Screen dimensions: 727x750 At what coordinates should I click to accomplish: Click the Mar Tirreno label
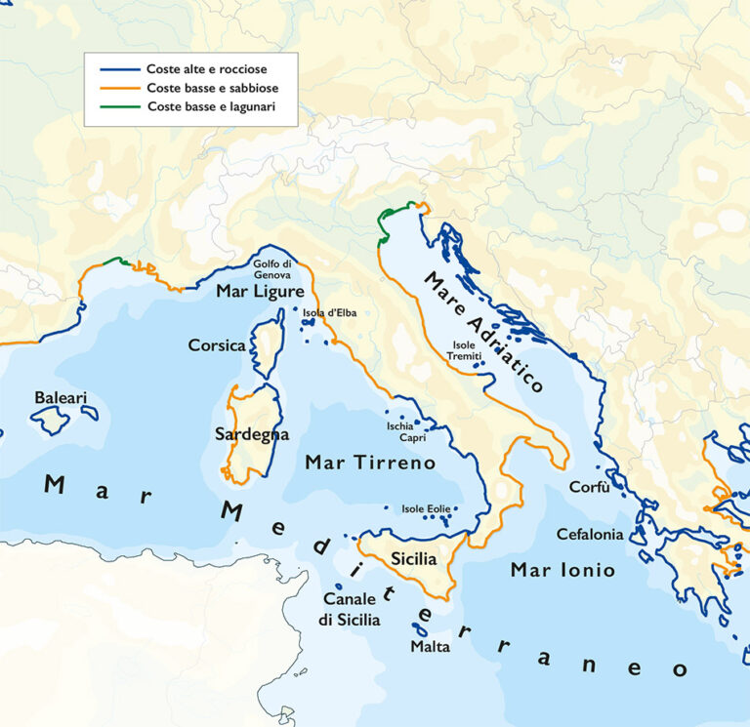click(x=370, y=463)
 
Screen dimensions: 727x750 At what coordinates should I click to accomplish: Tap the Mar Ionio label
click(x=563, y=570)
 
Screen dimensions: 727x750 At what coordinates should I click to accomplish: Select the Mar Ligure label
click(x=260, y=292)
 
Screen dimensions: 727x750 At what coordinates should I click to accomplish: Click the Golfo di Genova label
click(x=272, y=269)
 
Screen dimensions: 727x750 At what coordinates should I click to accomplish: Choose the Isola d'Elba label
click(x=328, y=313)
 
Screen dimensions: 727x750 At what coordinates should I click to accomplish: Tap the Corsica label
click(x=217, y=345)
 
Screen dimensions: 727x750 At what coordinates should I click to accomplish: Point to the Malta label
click(x=430, y=647)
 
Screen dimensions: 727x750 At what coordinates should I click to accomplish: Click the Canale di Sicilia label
click(x=351, y=609)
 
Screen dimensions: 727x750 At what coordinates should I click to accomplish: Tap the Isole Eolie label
click(x=426, y=508)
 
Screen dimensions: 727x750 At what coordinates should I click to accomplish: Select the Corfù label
click(x=589, y=487)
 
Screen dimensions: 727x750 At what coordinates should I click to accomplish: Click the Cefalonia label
click(x=589, y=534)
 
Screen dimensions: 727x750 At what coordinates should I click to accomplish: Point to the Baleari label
click(x=61, y=398)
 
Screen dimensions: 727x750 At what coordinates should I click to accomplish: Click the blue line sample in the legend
click(x=119, y=69)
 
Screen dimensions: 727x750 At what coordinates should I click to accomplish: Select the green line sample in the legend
click(x=119, y=106)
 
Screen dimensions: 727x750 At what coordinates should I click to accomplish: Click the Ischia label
click(x=400, y=426)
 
